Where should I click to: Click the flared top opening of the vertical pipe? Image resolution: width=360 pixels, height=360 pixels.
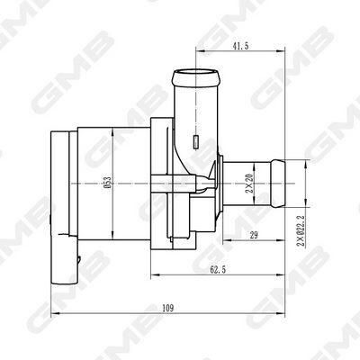193,71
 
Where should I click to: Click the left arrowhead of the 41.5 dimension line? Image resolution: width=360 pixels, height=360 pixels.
194,51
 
